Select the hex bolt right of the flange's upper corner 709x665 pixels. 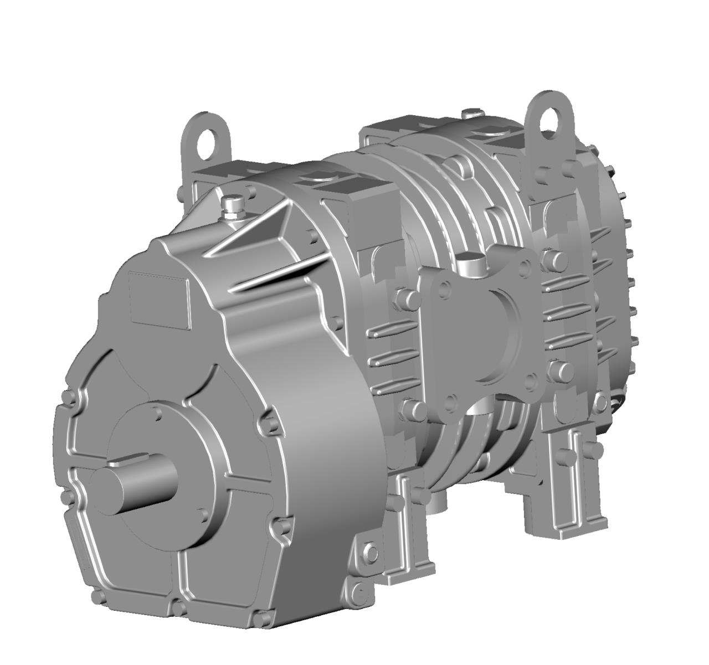[556, 259]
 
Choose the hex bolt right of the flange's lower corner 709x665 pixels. [561, 372]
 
